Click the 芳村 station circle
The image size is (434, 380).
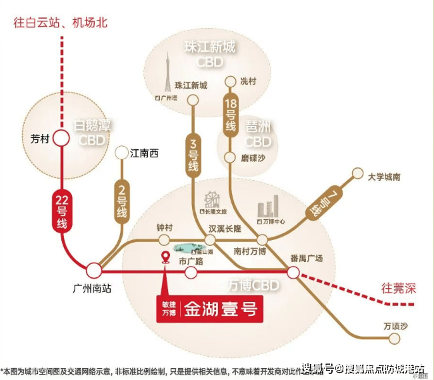point(61,138)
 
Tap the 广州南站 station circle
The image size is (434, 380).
point(94,271)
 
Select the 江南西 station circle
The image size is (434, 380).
point(121,153)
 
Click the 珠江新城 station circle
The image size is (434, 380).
point(193,99)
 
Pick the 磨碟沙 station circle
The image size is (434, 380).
point(230,158)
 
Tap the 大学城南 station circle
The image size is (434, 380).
point(355,178)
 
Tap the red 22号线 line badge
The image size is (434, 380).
point(61,211)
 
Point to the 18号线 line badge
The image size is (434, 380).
point(230,116)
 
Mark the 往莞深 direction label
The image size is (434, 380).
point(398,289)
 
